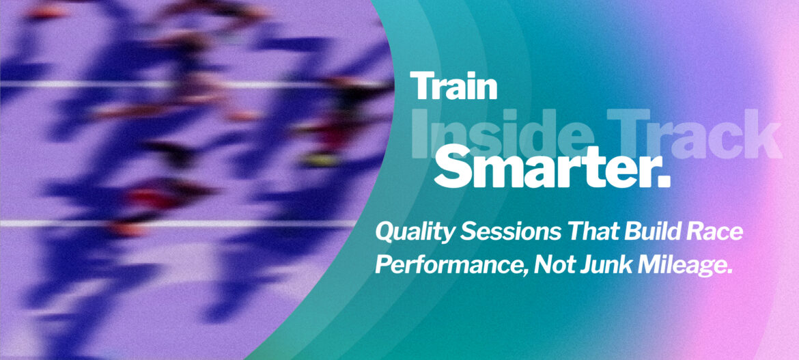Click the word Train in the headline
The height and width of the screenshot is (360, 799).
(x=453, y=85)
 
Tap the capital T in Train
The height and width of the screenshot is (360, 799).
(x=421, y=85)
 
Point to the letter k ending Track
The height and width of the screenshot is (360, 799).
(x=766, y=132)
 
